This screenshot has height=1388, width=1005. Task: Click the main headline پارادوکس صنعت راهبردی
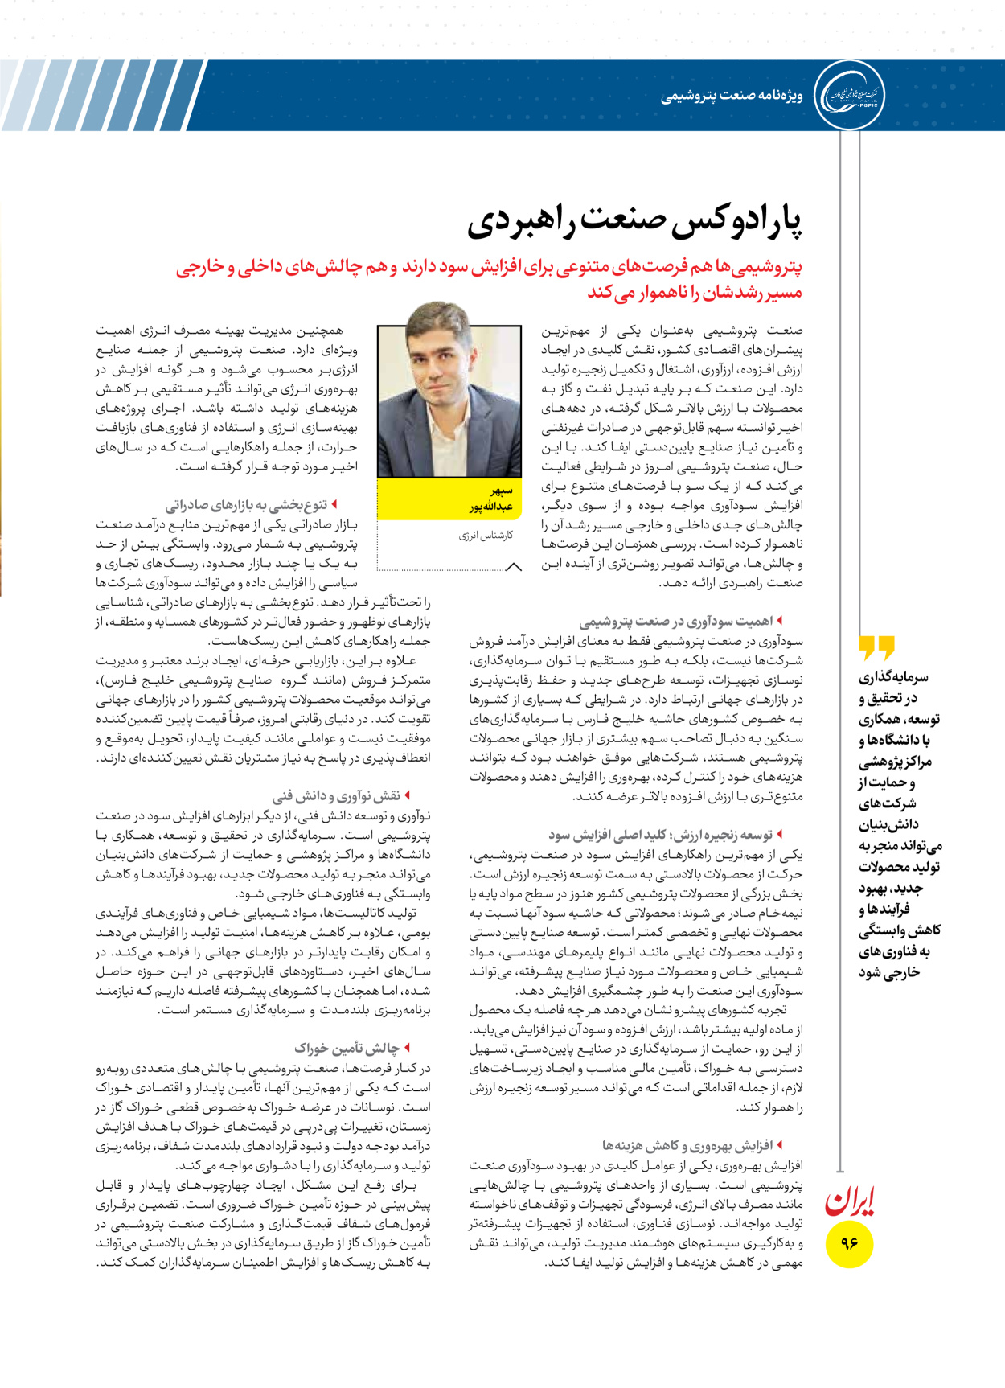click(x=635, y=222)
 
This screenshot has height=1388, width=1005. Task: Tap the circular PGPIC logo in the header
click(x=849, y=95)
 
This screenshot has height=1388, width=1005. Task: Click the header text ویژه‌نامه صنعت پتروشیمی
click(x=732, y=97)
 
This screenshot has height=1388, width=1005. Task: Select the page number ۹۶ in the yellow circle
click(x=849, y=1243)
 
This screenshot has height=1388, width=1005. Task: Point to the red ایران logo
click(x=849, y=1201)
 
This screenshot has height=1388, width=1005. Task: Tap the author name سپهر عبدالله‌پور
click(x=492, y=499)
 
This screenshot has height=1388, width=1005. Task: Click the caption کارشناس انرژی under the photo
click(x=486, y=536)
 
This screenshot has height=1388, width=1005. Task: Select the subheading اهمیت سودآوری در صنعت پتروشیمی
click(x=676, y=621)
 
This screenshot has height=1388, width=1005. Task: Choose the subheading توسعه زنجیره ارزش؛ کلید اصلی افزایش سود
click(x=660, y=835)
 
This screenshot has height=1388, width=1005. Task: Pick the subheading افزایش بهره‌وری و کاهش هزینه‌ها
click(x=687, y=1145)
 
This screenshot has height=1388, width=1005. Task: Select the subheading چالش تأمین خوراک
click(x=347, y=1048)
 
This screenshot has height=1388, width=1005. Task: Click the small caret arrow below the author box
click(x=513, y=567)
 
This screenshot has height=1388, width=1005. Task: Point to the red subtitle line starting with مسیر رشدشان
click(x=695, y=293)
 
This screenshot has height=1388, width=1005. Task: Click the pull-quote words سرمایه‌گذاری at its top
click(x=893, y=677)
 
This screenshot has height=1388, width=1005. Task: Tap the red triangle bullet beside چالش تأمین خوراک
click(x=408, y=1048)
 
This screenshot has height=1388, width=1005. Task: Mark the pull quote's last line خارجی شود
click(x=889, y=972)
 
